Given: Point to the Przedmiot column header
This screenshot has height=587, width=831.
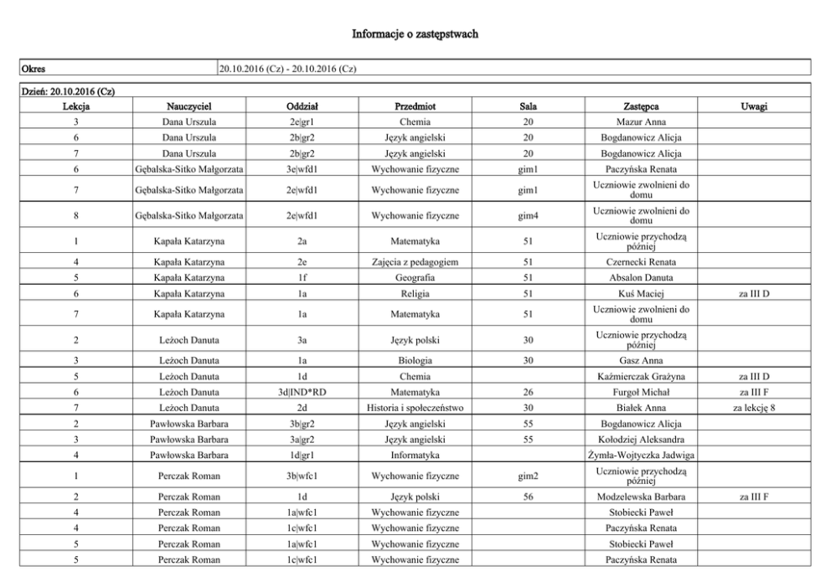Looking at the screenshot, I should click(415, 107).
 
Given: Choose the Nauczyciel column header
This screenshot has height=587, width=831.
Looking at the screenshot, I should click(188, 107).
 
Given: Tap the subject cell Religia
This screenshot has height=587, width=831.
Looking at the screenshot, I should click(415, 293).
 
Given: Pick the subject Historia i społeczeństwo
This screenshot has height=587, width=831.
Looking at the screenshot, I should click(415, 408).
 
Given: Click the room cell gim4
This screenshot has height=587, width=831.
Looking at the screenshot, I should click(528, 217).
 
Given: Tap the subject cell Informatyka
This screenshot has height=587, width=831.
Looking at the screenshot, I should click(415, 455).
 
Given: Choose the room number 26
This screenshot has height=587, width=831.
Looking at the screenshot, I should click(528, 392).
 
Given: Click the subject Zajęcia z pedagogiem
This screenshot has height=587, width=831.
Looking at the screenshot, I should click(415, 262).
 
